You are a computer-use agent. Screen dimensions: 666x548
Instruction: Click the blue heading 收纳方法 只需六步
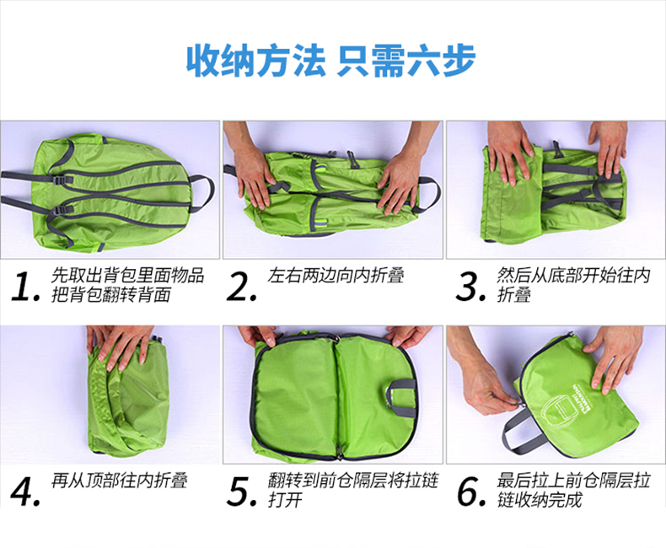tap(330, 61)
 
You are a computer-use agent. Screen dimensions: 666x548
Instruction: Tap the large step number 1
tap(25, 287)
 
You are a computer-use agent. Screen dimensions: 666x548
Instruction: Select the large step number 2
tap(241, 287)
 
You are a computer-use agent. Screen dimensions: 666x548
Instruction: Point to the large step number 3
tap(470, 287)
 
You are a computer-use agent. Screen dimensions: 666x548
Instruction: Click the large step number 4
tap(25, 492)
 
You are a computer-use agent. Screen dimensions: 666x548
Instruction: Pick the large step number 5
tap(242, 492)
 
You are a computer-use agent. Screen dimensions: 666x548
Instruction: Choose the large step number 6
tap(470, 492)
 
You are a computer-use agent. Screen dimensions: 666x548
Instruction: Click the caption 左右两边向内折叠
tap(336, 276)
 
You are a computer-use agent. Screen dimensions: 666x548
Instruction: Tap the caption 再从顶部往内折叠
tap(120, 481)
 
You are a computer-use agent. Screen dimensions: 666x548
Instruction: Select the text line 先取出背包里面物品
tap(127, 276)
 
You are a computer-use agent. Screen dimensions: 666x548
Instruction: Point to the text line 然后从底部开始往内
tap(573, 276)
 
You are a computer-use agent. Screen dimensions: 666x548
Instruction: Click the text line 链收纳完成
tap(540, 500)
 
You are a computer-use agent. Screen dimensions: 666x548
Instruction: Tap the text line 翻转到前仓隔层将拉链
tap(353, 481)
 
